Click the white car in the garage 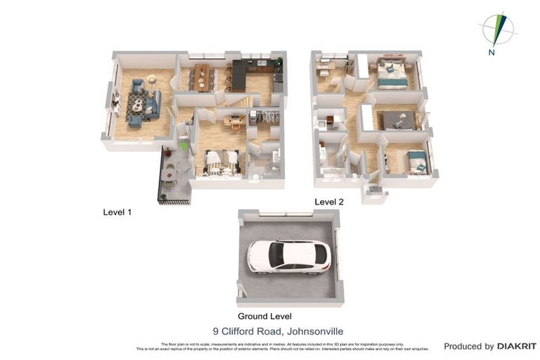(288, 256)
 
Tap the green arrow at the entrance (184, 146)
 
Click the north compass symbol (497, 29)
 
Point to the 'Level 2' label (329, 202)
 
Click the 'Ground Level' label (264, 316)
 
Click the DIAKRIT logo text (517, 346)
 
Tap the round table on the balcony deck (169, 168)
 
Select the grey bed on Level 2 (398, 122)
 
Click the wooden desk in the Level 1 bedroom (232, 120)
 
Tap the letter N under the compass (491, 53)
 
